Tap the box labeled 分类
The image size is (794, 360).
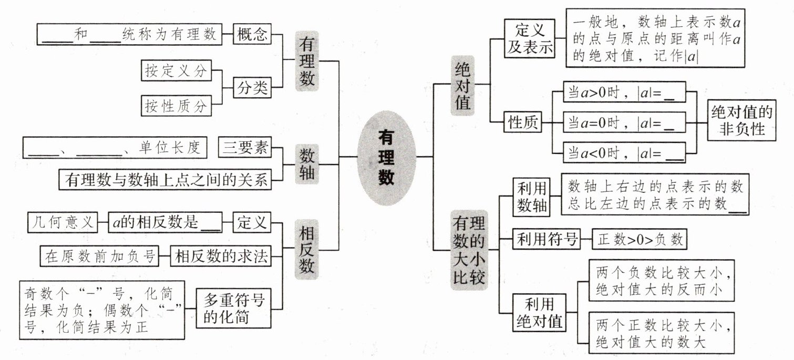coord(251,88)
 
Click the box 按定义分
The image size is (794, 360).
coord(176,71)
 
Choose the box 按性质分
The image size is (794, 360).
coord(176,106)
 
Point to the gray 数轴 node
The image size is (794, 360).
coord(307,164)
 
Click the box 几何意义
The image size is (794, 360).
coord(63,222)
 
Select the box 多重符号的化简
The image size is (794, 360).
coord(234,309)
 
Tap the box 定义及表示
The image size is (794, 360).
coord(529,37)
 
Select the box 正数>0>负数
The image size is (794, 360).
coord(640,240)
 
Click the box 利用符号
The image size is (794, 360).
coord(545,240)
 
